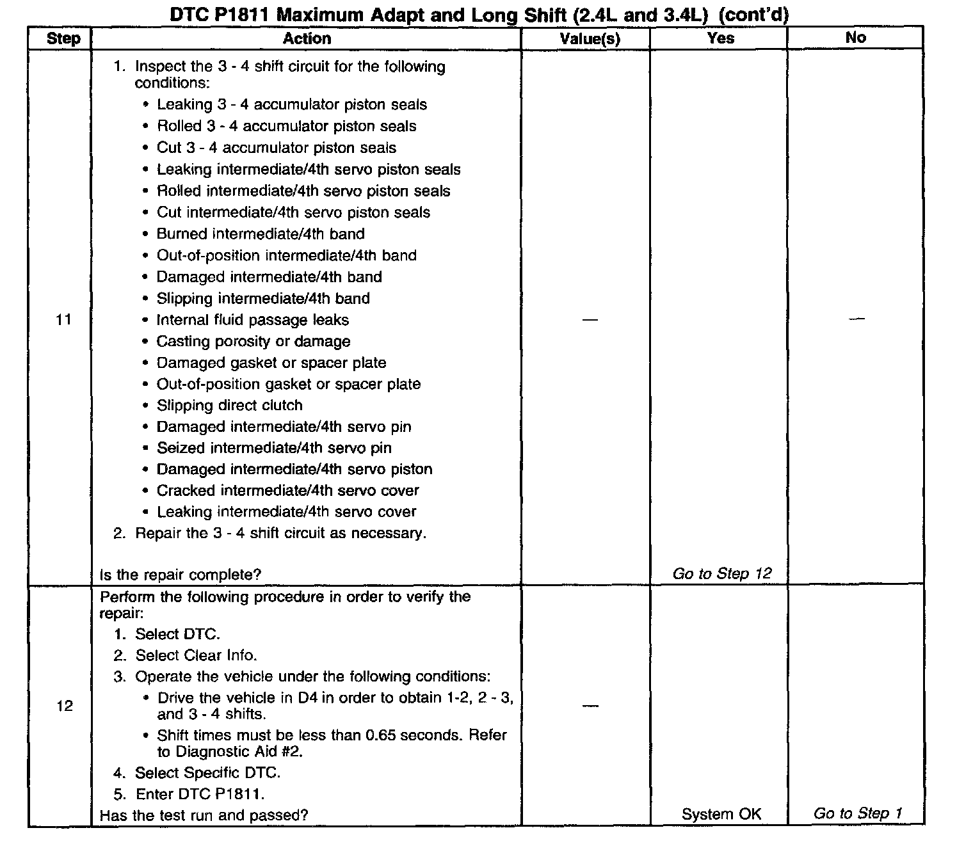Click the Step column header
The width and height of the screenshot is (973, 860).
[63, 38]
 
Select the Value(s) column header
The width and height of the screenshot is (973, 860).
[590, 39]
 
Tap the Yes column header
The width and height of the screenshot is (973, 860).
[720, 38]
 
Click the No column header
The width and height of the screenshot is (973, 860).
[855, 38]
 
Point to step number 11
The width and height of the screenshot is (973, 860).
[63, 319]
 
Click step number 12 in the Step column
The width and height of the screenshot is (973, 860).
[65, 706]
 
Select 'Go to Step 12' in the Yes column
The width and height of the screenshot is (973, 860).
[721, 573]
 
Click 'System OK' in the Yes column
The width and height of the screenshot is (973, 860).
[721, 814]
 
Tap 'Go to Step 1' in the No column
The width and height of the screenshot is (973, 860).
[857, 813]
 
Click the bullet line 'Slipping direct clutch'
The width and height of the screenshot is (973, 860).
[229, 405]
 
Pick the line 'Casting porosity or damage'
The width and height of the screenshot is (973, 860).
[253, 341]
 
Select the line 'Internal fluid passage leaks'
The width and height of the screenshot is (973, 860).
[253, 320]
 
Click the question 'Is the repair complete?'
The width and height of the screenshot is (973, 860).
[181, 575]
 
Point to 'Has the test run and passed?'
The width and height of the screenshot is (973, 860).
[204, 815]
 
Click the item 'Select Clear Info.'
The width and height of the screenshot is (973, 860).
[196, 655]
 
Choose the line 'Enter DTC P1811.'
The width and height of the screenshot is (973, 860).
[200, 794]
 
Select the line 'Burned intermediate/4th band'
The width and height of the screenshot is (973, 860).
[261, 234]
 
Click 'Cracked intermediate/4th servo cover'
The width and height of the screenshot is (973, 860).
[287, 491]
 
